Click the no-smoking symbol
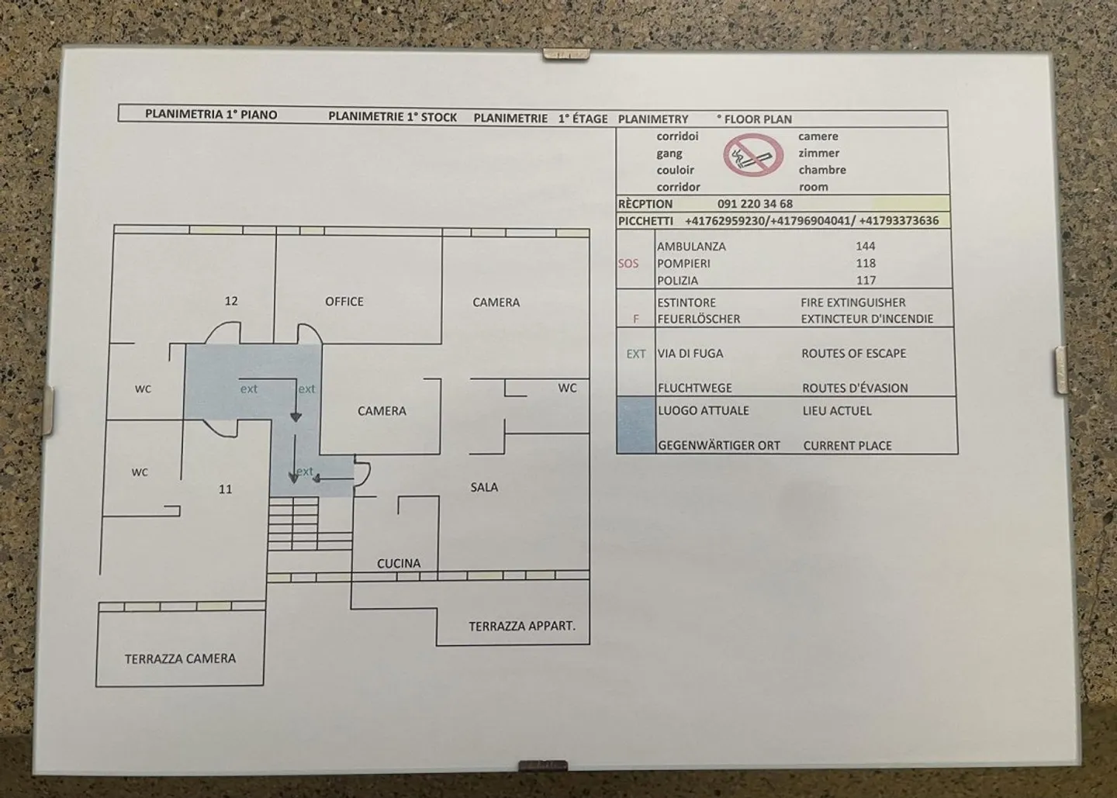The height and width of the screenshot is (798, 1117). (x=751, y=155)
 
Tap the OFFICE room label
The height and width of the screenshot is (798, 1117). (x=344, y=302)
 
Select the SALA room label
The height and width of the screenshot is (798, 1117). (x=484, y=487)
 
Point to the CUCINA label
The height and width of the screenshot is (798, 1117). (x=399, y=564)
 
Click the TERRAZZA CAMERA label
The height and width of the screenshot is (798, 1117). (x=180, y=658)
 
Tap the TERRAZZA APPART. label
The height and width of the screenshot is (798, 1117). (x=522, y=626)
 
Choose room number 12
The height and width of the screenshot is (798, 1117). (x=231, y=301)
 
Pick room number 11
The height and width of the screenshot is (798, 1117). (x=225, y=489)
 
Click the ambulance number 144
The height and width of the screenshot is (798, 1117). (x=865, y=246)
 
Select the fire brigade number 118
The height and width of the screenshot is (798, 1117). (x=865, y=263)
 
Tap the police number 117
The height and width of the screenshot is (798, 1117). (x=866, y=281)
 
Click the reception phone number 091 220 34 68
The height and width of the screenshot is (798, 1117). (x=755, y=204)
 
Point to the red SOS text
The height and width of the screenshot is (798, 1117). (x=628, y=264)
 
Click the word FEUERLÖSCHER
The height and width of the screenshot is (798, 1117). (x=698, y=319)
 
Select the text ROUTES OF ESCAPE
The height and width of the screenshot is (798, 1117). (x=853, y=354)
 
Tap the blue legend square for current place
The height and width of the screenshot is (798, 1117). (x=636, y=425)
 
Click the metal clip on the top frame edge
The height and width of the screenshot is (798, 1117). (x=565, y=54)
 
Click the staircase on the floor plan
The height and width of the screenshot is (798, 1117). (x=295, y=523)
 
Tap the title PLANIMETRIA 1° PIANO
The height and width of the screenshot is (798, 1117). (x=211, y=115)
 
